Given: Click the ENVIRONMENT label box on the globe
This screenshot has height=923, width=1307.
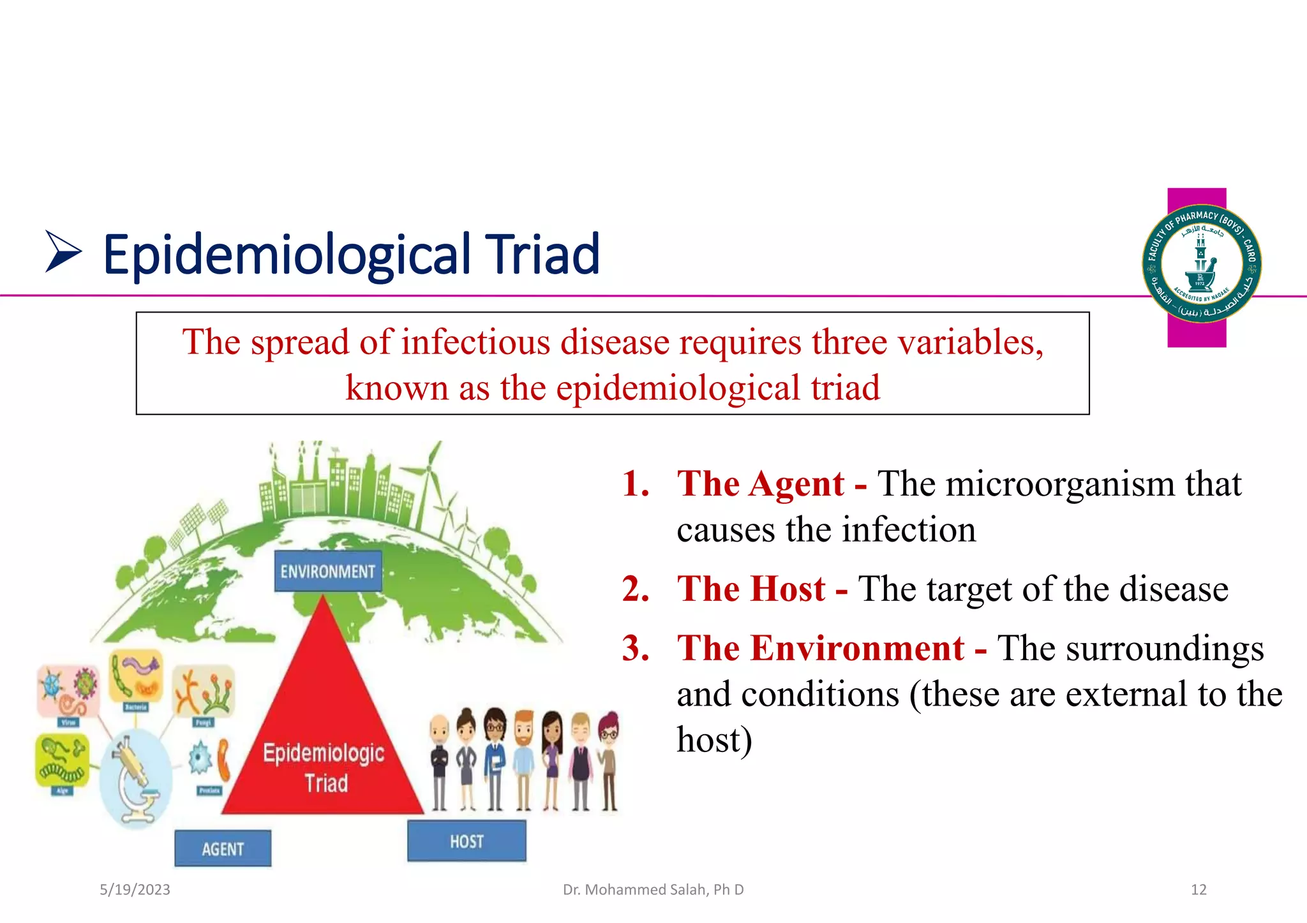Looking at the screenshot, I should click(327, 571).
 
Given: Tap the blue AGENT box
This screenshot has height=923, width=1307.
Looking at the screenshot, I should click(223, 848).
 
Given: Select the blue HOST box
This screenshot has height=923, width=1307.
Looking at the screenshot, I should click(467, 841).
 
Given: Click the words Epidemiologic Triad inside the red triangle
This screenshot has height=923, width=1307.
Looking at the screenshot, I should click(324, 767).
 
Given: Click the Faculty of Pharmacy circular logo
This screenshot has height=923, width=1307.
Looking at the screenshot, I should click(1201, 263).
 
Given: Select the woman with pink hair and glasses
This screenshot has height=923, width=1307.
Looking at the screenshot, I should click(609, 759).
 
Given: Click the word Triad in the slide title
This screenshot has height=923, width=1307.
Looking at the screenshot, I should click(542, 255).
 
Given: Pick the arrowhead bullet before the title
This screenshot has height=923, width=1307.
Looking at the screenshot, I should click(63, 253).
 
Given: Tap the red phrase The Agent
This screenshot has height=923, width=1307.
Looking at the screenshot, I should click(761, 484).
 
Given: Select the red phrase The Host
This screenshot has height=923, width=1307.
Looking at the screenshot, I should click(751, 588).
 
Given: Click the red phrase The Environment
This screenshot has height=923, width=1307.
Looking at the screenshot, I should click(820, 648).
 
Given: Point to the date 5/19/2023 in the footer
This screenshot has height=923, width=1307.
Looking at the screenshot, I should click(135, 889).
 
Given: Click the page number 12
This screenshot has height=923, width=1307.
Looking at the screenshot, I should click(1198, 889).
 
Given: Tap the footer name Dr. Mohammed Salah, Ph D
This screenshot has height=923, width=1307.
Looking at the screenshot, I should click(653, 889).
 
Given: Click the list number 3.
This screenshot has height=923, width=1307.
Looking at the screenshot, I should click(636, 648).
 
